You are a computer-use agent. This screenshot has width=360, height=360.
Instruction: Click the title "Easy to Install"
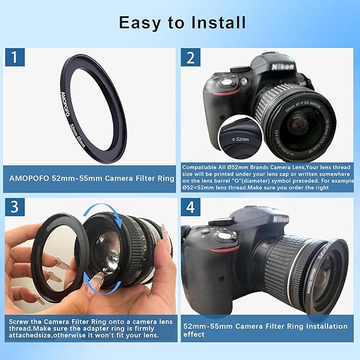click(x=182, y=23)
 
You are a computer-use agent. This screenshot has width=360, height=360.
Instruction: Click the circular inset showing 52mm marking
click(x=238, y=137)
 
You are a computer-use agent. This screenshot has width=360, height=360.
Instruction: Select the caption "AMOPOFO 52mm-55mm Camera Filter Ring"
click(x=90, y=178)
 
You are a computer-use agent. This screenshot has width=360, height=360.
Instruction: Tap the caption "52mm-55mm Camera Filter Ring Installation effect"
click(x=265, y=331)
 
